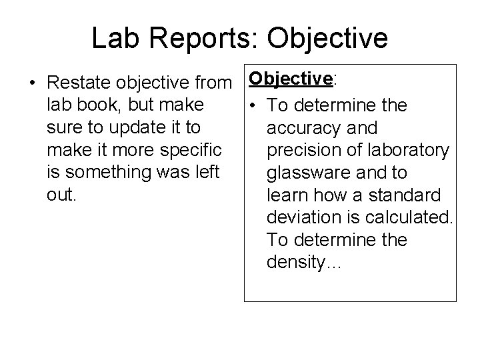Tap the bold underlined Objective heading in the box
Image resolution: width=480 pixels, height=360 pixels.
[291, 79]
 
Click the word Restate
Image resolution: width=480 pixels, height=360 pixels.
[80, 83]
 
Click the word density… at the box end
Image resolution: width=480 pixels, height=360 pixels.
[304, 262]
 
